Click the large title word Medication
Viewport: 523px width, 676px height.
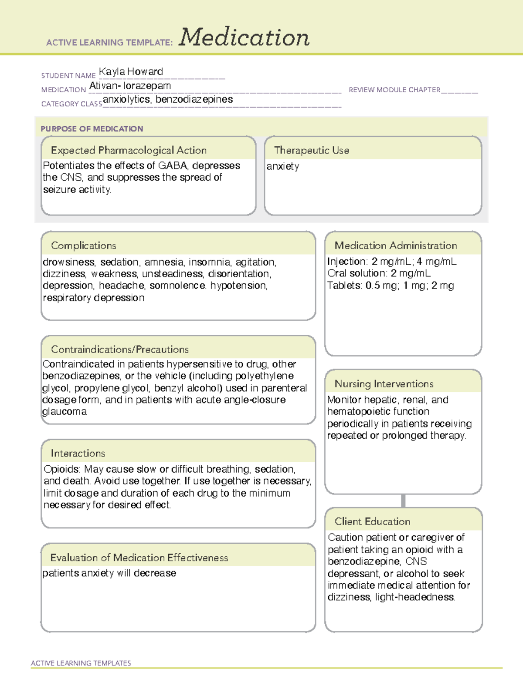(244, 37)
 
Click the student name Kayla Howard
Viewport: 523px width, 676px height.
(131, 72)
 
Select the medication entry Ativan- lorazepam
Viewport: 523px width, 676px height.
(130, 86)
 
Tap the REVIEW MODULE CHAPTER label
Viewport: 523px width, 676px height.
(394, 90)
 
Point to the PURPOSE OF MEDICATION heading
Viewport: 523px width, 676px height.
(92, 129)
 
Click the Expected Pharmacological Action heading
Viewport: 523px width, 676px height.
(129, 150)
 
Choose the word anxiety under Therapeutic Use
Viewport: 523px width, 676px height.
(283, 166)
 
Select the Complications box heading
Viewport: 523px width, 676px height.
(83, 246)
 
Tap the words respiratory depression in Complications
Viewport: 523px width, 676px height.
(94, 298)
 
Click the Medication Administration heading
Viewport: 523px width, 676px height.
(396, 246)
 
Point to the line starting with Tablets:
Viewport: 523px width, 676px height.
(391, 286)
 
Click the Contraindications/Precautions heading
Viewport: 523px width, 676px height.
(120, 350)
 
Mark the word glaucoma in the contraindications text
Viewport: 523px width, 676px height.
(65, 412)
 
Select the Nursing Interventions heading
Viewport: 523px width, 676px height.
(384, 384)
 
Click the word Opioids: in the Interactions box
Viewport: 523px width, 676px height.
(62, 469)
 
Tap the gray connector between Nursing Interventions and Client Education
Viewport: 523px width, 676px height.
(403, 501)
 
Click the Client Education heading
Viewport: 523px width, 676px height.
(372, 521)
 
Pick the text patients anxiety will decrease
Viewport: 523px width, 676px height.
(109, 573)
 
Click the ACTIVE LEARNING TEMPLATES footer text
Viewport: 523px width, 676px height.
(81, 663)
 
